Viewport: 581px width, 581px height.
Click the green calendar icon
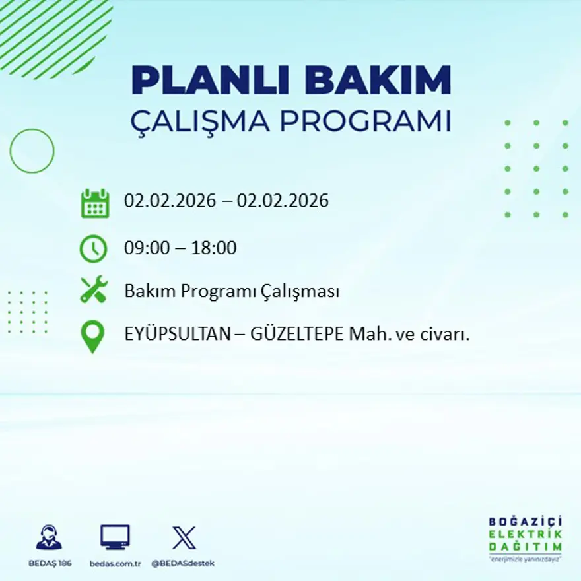[94, 203]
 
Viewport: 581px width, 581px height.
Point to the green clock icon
[93, 249]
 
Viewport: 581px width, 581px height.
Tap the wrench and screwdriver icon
[94, 290]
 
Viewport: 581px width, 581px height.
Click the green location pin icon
[92, 335]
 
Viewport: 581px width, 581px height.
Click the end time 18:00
[214, 248]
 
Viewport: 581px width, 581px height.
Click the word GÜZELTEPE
[297, 334]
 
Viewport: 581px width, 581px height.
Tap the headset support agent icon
[48, 537]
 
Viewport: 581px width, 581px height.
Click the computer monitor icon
[115, 537]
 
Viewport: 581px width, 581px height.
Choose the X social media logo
[184, 537]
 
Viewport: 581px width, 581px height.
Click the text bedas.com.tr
[116, 563]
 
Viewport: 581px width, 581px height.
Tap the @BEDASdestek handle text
[183, 563]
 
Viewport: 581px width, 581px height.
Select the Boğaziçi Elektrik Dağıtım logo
[526, 537]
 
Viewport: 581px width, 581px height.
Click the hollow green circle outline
[32, 151]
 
